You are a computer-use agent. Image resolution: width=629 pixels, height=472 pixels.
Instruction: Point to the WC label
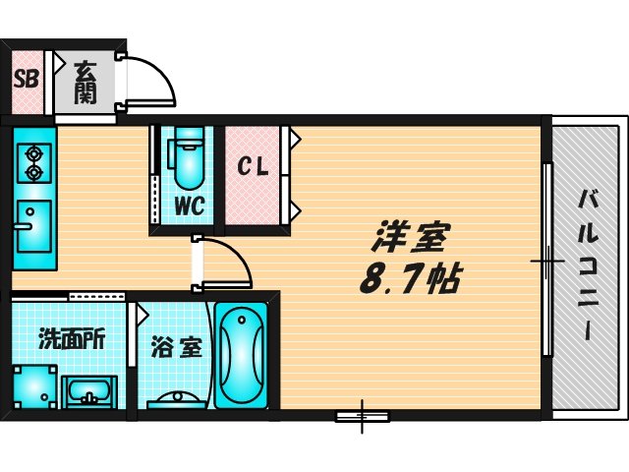(190, 207)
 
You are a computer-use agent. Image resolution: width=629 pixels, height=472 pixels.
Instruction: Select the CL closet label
(253, 168)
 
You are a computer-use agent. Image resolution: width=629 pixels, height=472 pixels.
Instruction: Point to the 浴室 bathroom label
(177, 346)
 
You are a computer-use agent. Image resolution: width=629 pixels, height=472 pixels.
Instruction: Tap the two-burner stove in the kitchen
(34, 162)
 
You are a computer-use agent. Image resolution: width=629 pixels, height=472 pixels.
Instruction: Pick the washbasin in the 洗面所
(91, 392)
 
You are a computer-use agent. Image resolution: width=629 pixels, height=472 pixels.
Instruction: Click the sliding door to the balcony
(546, 261)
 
